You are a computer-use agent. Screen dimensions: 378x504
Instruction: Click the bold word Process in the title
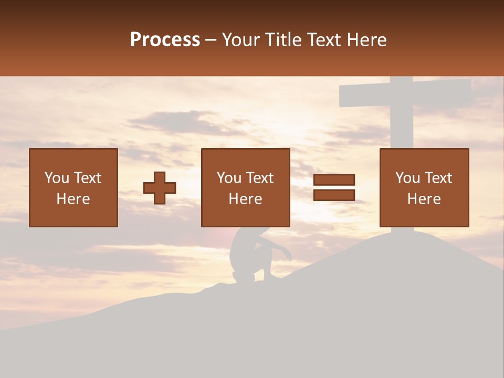click(165, 40)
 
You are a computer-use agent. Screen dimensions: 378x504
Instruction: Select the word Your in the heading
click(240, 40)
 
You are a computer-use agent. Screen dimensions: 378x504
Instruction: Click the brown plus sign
click(160, 188)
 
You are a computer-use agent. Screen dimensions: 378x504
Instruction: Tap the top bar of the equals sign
click(334, 180)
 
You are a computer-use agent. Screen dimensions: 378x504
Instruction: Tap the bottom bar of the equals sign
click(334, 195)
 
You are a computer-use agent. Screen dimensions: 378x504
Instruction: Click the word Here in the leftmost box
click(73, 199)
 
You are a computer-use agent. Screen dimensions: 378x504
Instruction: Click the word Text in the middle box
click(260, 178)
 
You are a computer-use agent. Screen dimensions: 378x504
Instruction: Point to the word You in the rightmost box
click(407, 178)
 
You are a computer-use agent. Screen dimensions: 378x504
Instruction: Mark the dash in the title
click(211, 40)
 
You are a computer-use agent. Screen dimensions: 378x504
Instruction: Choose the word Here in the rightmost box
click(424, 199)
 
